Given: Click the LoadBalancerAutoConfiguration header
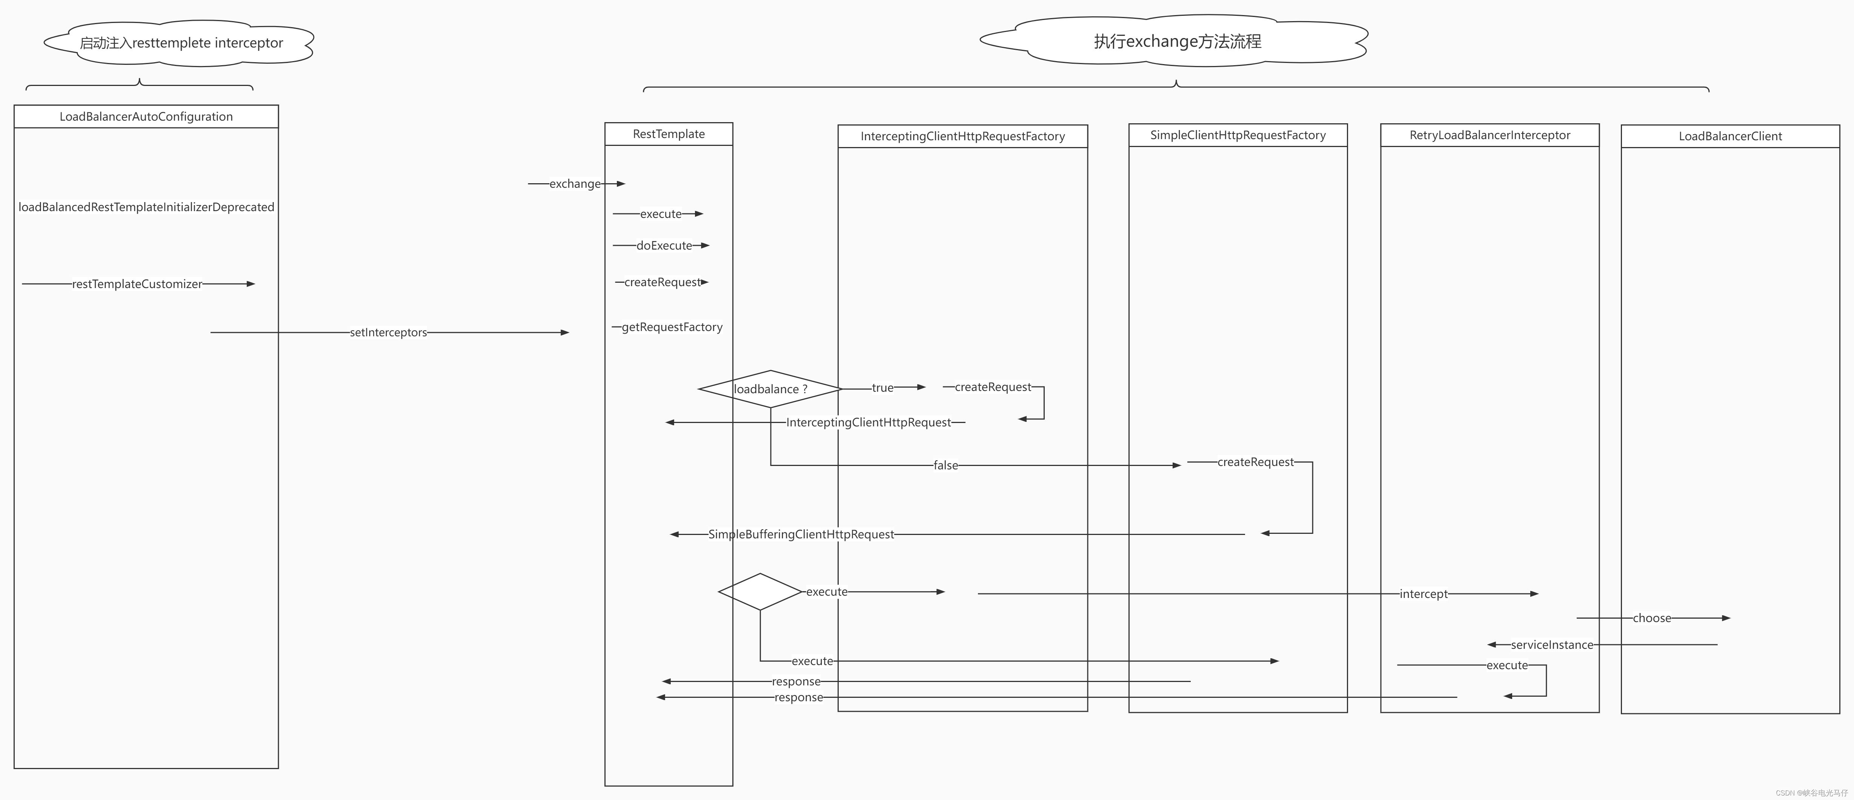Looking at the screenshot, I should (146, 116).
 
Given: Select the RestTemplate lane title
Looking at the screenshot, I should (669, 134).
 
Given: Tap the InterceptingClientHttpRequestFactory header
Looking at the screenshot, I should (962, 136).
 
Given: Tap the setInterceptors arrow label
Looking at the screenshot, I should (388, 333).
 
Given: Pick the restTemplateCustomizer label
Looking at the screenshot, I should (137, 284).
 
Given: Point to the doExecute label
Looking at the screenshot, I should (664, 245).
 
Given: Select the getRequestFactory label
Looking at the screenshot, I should (672, 327).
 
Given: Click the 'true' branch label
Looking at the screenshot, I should (882, 388).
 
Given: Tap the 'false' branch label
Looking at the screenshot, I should (945, 466).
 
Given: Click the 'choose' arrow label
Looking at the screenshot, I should (1652, 618).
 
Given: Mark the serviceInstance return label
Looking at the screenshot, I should (1552, 645).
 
